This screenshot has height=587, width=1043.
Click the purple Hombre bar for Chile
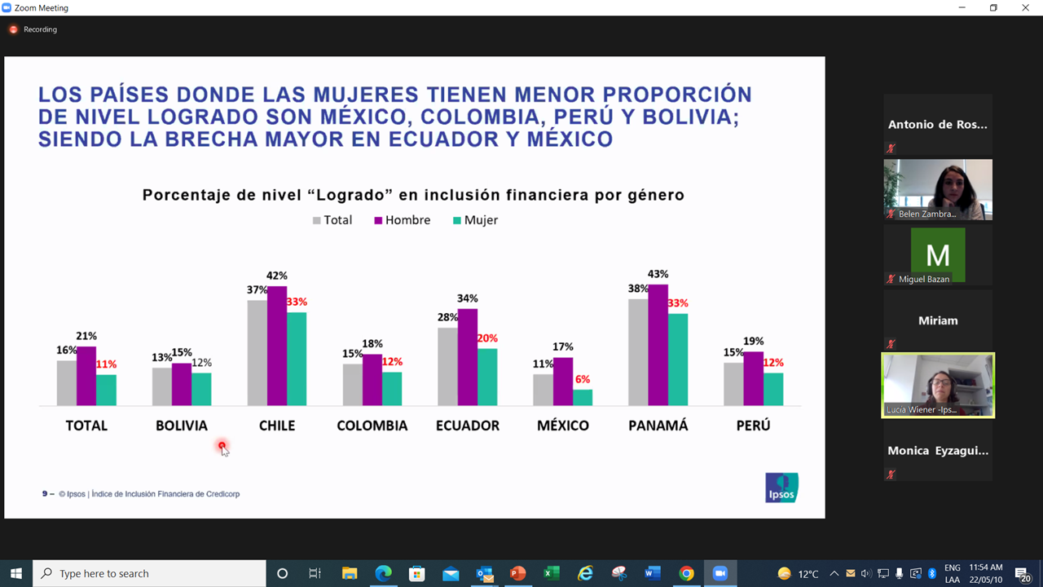pyautogui.click(x=277, y=346)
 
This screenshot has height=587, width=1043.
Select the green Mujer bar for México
pyautogui.click(x=583, y=397)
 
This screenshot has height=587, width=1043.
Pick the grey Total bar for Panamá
pyautogui.click(x=638, y=352)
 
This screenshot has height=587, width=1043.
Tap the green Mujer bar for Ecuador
pyautogui.click(x=487, y=377)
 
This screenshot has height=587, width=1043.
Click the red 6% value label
pyautogui.click(x=582, y=379)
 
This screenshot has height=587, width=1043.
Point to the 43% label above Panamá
pyautogui.click(x=658, y=274)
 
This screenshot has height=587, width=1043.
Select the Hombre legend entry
pyautogui.click(x=403, y=220)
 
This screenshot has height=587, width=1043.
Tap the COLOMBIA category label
pyautogui.click(x=372, y=426)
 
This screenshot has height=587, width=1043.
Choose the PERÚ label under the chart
pyautogui.click(x=753, y=426)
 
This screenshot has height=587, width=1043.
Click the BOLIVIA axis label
pyautogui.click(x=182, y=426)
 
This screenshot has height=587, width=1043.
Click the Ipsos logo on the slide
pyautogui.click(x=781, y=488)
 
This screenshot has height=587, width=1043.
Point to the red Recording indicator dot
pyautogui.click(x=13, y=29)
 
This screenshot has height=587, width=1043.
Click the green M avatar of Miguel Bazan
pyautogui.click(x=938, y=254)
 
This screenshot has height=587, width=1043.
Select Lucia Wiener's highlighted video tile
pyautogui.click(x=938, y=385)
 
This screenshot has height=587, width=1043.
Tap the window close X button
pyautogui.click(x=1025, y=7)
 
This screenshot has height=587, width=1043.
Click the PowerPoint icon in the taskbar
pyautogui.click(x=517, y=573)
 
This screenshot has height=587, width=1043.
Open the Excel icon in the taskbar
pyautogui.click(x=552, y=573)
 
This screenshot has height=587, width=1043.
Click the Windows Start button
pyautogui.click(x=15, y=573)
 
